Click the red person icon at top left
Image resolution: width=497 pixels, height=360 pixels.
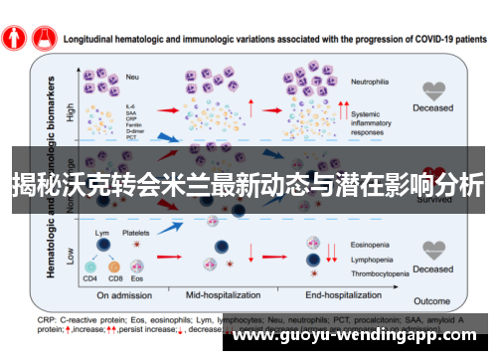(x=13, y=36)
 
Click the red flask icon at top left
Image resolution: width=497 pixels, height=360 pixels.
(x=43, y=36)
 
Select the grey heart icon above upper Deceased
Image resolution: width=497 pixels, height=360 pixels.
(x=432, y=91)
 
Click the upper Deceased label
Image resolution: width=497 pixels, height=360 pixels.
(x=432, y=108)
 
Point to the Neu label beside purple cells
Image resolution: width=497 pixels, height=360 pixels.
(x=131, y=76)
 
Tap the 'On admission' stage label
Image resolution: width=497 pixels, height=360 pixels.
(x=124, y=294)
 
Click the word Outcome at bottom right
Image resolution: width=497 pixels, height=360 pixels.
(x=432, y=301)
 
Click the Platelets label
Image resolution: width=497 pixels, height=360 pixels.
(x=136, y=233)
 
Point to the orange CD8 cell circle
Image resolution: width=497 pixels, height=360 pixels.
(x=114, y=267)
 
